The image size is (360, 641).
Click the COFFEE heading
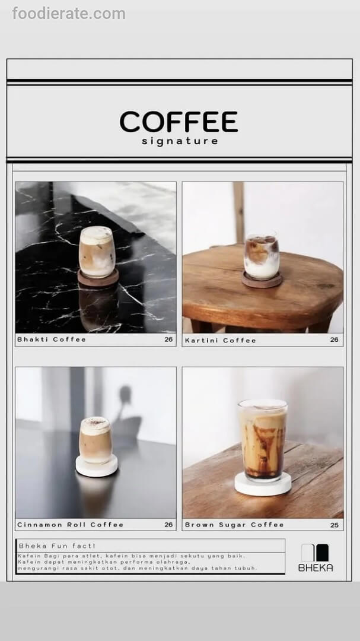tap(179, 122)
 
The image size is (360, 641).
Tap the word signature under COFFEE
tap(180, 141)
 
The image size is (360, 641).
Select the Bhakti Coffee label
tap(52, 339)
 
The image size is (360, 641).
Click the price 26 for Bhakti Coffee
tap(169, 339)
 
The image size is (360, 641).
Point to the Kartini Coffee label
tap(220, 340)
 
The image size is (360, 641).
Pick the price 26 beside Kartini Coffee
tap(334, 339)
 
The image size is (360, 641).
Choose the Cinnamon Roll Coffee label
tap(71, 525)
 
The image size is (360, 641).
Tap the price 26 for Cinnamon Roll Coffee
tap(169, 525)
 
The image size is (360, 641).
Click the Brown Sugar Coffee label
tap(234, 525)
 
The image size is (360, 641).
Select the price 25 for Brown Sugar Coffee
tap(334, 525)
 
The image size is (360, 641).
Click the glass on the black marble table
tap(97, 252)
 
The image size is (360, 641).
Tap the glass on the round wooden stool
tap(262, 256)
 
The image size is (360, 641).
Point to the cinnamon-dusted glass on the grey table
tap(95, 440)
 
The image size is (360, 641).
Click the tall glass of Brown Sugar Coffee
tap(263, 439)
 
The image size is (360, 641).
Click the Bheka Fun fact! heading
tap(57, 546)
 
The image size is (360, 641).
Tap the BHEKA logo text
tap(316, 567)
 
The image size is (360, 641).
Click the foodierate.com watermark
tap(69, 14)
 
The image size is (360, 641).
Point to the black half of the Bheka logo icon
tap(323, 553)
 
